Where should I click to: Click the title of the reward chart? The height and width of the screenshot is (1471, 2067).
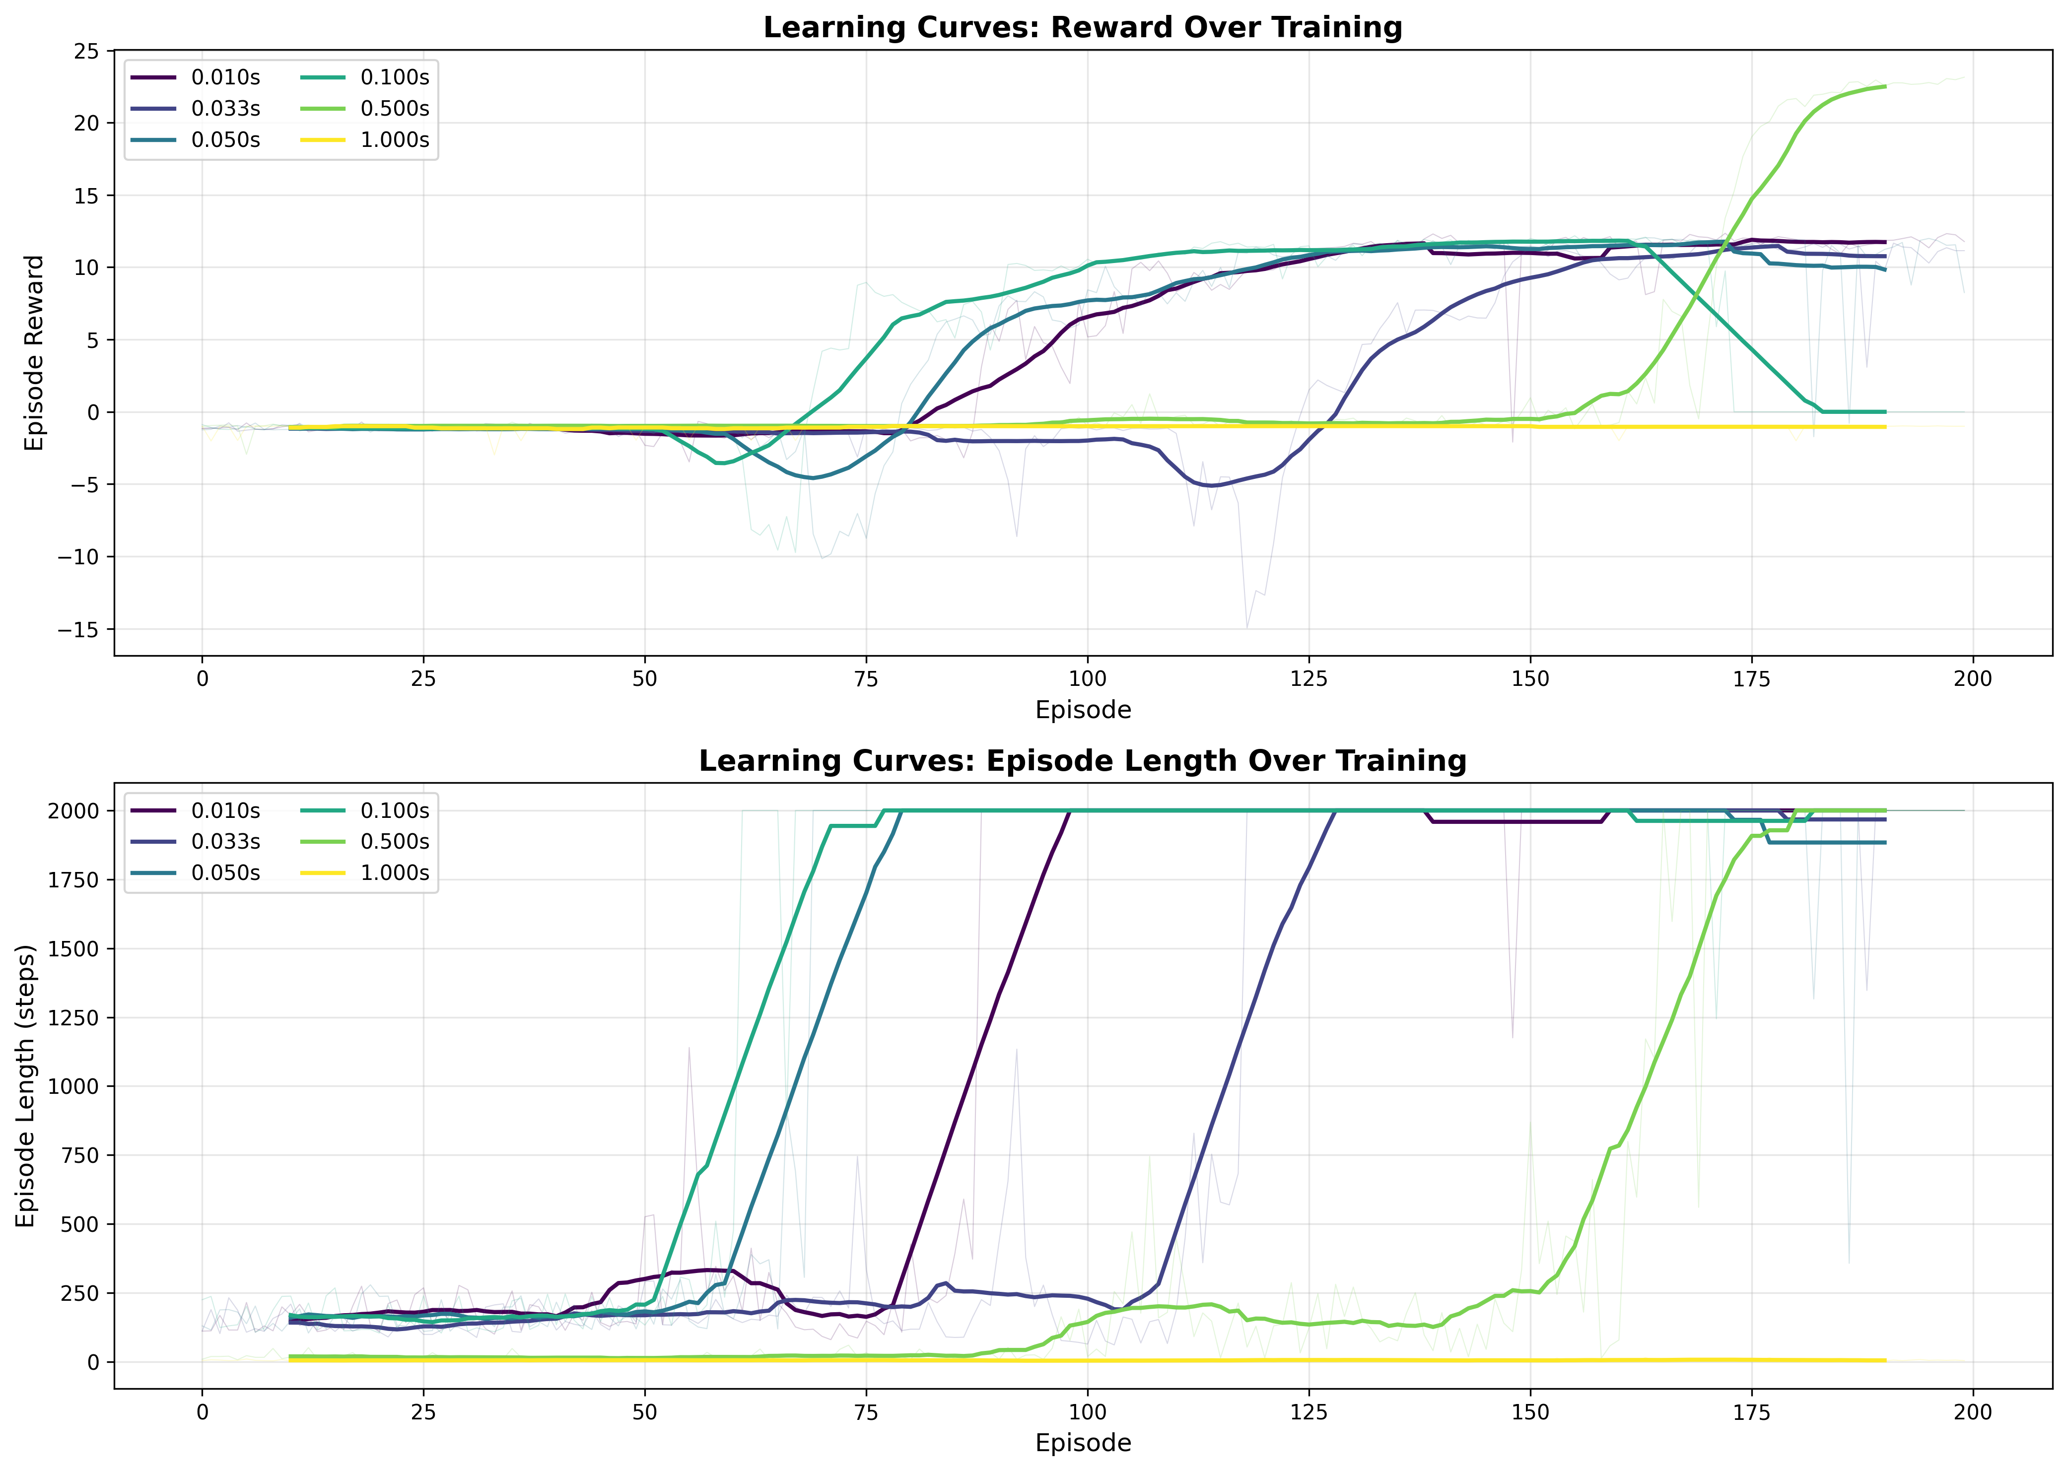click(1083, 27)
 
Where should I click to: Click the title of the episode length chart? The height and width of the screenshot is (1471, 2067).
click(1083, 761)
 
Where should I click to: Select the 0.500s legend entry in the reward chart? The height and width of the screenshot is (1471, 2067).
click(394, 109)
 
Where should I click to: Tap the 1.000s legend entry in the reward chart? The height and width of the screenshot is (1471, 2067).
click(394, 139)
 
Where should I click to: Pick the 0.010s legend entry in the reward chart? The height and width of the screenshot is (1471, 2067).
click(225, 78)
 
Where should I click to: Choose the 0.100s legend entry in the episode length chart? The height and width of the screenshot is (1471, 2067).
click(394, 810)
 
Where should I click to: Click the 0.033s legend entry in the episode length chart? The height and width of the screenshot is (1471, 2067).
click(225, 842)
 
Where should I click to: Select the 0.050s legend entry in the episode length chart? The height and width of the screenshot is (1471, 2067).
click(225, 872)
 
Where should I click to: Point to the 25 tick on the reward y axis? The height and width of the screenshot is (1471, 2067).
click(87, 52)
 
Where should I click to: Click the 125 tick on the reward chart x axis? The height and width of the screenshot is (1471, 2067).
click(1309, 678)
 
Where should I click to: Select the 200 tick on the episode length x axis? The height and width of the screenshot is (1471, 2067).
click(1973, 1411)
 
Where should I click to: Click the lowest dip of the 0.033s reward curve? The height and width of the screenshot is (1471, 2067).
click(1212, 485)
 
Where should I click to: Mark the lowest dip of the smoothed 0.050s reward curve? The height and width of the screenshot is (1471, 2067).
click(813, 477)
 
